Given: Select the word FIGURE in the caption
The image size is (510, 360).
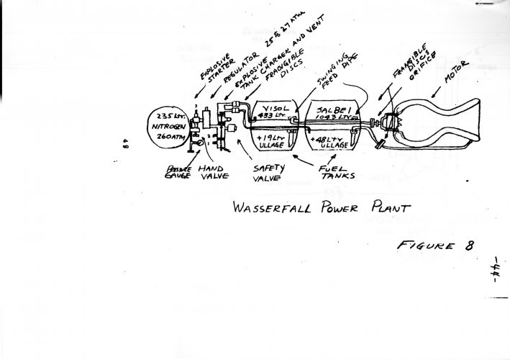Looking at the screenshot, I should click(x=419, y=245).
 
